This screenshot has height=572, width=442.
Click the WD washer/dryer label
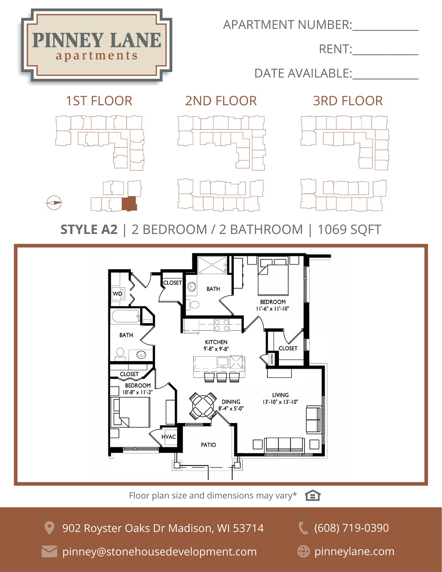coord(117,294)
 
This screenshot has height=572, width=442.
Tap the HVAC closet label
coord(169,437)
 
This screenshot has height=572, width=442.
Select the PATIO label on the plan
coord(208,445)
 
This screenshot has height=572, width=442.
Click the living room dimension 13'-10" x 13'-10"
coord(280,402)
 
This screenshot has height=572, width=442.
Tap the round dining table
coord(203,406)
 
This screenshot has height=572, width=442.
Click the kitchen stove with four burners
coord(221,325)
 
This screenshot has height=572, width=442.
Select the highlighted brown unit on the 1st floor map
coord(129,203)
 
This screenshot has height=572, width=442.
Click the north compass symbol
coord(54,203)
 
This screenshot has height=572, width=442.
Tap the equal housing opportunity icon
coord(312,496)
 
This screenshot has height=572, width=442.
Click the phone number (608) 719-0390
coord(351,528)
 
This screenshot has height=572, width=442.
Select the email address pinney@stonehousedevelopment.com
coord(160,552)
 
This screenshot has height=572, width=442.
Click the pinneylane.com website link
coord(354,552)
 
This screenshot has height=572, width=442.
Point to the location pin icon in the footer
coord(49,528)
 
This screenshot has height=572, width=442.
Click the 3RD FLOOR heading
coord(348,101)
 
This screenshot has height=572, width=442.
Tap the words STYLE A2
coord(89,229)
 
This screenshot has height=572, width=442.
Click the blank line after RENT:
coord(385,54)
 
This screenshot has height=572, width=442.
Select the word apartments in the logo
coord(96,56)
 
